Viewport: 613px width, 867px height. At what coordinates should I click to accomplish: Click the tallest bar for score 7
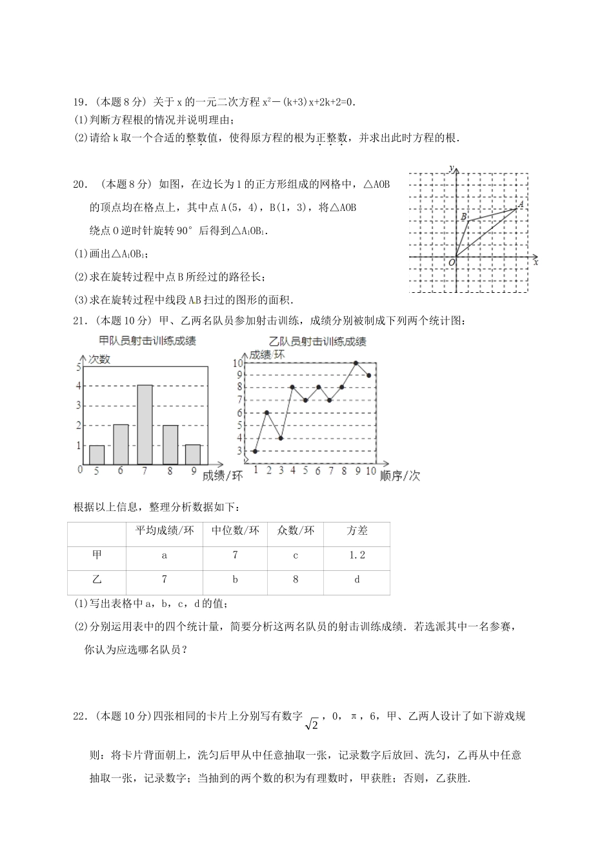tap(145, 424)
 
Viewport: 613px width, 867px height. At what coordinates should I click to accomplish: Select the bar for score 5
tap(97, 454)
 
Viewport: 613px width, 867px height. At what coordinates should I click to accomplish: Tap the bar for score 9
tap(193, 454)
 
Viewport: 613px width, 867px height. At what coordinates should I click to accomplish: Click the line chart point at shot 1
tap(256, 451)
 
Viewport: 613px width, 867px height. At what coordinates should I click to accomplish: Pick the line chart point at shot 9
tap(356, 363)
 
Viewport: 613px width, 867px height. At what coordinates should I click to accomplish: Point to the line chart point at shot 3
tap(281, 438)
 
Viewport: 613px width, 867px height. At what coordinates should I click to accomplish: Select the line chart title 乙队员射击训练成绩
tap(317, 341)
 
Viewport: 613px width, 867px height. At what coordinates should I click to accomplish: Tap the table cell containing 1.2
tap(357, 555)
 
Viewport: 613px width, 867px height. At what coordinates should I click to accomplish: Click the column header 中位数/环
tap(235, 530)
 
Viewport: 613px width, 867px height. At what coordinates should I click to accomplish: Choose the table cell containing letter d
tap(357, 579)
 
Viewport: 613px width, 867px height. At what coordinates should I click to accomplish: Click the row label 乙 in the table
tap(97, 579)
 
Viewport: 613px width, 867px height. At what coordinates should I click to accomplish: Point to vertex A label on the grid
tap(521, 204)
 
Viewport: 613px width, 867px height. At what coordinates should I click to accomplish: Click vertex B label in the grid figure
tap(463, 217)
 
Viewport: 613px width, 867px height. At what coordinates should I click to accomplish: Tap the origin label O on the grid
tap(451, 262)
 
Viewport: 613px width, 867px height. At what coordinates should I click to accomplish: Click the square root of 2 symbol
tap(312, 725)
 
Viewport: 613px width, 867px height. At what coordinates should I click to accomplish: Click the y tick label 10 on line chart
tap(237, 363)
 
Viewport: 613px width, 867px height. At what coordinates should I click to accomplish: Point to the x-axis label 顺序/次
tap(400, 475)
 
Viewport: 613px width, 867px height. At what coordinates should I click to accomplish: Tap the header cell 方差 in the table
tap(357, 530)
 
